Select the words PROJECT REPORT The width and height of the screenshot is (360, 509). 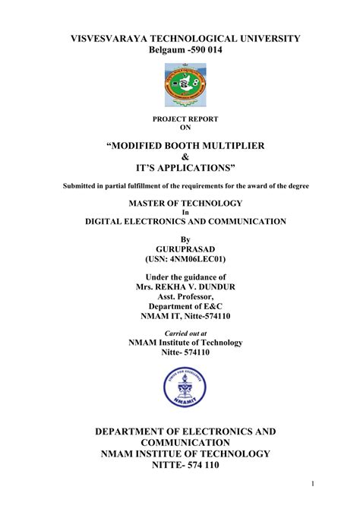click(x=185, y=119)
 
